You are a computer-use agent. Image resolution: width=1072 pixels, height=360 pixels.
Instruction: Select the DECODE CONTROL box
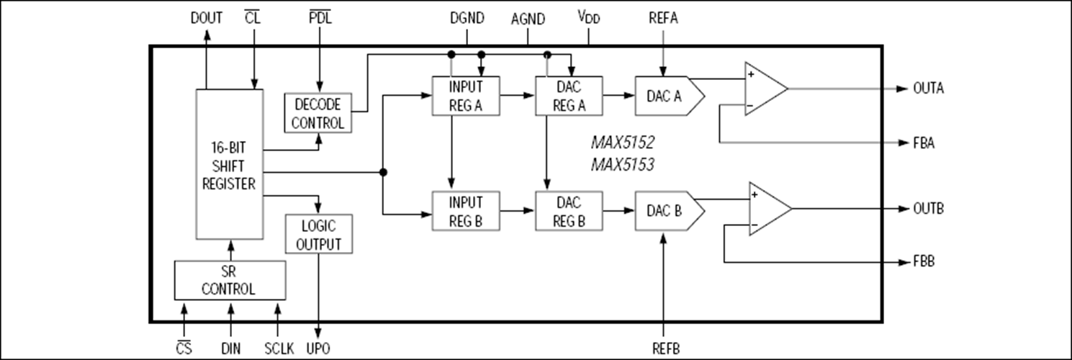317,113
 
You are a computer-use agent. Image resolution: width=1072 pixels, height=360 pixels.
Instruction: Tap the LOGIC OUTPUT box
318,234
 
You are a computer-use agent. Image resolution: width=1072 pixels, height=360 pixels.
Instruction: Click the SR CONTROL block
230,281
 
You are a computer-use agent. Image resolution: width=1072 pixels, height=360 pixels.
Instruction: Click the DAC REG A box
569,95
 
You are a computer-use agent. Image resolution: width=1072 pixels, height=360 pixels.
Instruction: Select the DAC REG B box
569,210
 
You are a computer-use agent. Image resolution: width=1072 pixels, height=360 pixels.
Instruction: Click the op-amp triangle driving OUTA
763,89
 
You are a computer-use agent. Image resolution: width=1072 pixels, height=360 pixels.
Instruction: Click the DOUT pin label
206,18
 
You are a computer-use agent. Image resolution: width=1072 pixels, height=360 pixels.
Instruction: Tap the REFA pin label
662,18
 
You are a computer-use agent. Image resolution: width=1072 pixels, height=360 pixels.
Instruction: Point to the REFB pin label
662,348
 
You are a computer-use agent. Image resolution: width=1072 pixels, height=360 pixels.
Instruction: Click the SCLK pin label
279,348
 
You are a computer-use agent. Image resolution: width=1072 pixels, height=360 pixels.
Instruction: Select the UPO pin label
317,348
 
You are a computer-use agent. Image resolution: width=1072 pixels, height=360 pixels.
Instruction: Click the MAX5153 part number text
622,165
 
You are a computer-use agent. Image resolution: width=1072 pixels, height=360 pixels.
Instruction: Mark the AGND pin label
528,19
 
